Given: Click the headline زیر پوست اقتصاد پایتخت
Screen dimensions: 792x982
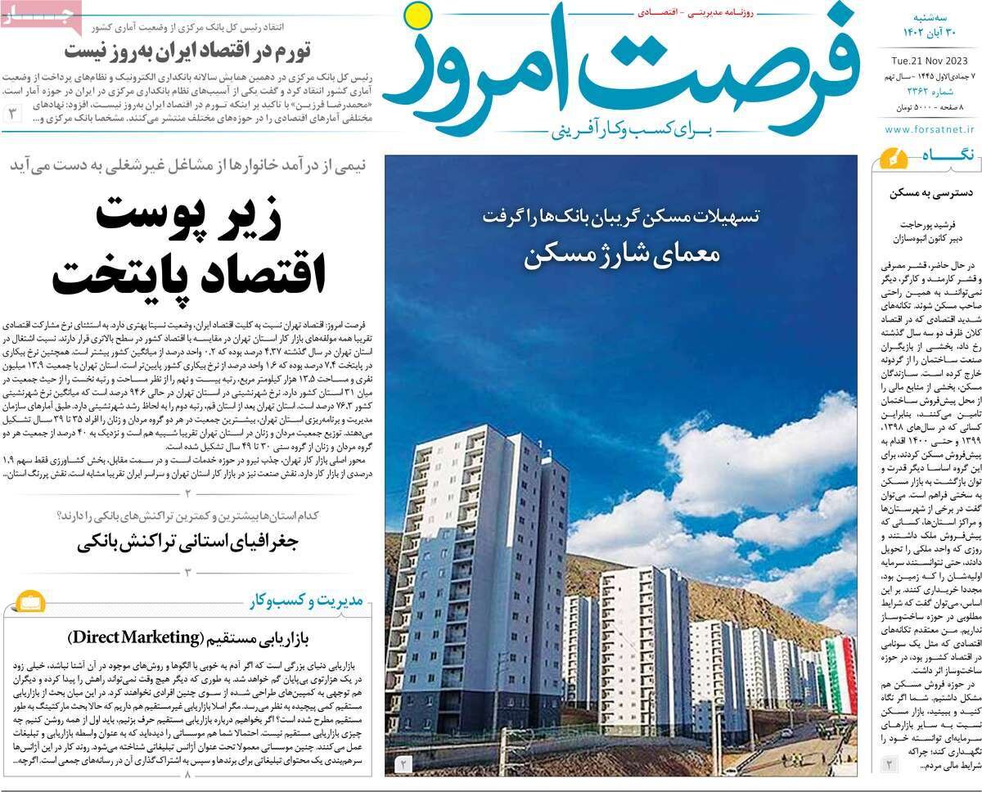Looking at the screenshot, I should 190,245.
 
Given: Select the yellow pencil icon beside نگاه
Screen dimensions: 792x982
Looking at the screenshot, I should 890,155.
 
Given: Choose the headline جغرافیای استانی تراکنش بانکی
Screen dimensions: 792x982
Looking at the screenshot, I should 189,542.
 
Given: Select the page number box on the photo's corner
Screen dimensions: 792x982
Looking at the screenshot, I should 404,764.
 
